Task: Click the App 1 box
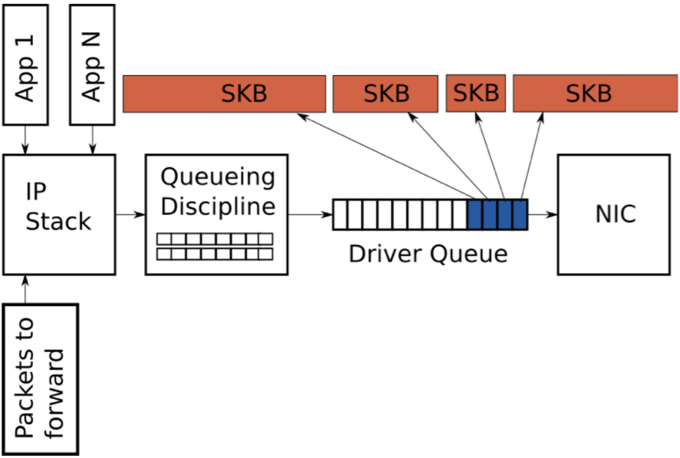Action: pyautogui.click(x=25, y=65)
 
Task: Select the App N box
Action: pyautogui.click(x=92, y=65)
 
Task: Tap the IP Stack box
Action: pyautogui.click(x=60, y=214)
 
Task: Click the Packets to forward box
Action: pyautogui.click(x=41, y=379)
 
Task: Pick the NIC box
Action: pyautogui.click(x=614, y=214)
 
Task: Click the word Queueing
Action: pyautogui.click(x=218, y=177)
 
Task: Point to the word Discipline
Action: pyautogui.click(x=218, y=206)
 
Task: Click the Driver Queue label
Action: pyautogui.click(x=428, y=254)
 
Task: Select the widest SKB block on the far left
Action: pyautogui.click(x=224, y=94)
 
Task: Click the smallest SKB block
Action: pyautogui.click(x=476, y=93)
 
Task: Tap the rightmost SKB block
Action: pyautogui.click(x=596, y=93)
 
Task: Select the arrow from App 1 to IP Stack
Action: pyautogui.click(x=25, y=140)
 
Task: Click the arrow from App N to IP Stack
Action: pyautogui.click(x=92, y=140)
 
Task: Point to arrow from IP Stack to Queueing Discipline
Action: pyautogui.click(x=131, y=214)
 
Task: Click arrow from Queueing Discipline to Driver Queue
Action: pyautogui.click(x=310, y=214)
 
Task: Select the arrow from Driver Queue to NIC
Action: pyautogui.click(x=543, y=214)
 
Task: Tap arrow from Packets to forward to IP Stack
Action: pyautogui.click(x=25, y=289)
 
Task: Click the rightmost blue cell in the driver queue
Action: pyautogui.click(x=520, y=214)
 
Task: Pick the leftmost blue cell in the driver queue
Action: pyautogui.click(x=475, y=214)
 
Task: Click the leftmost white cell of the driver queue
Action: pyautogui.click(x=340, y=214)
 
